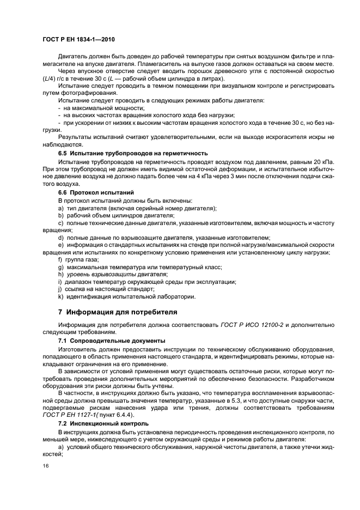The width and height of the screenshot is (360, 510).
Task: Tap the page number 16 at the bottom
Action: coord(46,465)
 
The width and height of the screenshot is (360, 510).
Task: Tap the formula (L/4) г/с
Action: coord(57,80)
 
